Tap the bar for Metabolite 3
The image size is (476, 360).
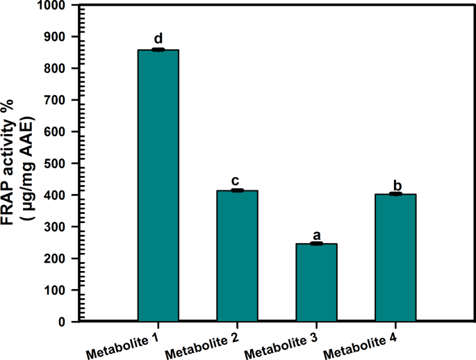[316, 282]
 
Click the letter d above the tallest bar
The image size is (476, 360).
[158, 39]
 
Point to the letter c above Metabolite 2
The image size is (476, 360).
[237, 180]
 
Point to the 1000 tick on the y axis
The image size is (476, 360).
[53, 6]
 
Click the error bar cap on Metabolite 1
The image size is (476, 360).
[158, 50]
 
